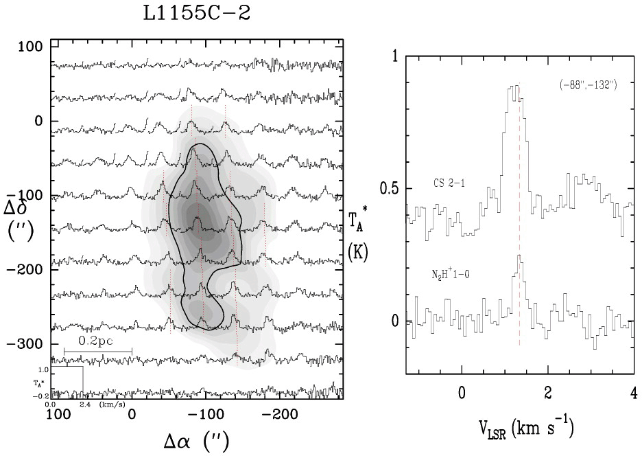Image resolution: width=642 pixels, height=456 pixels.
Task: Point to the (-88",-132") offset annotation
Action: [586, 84]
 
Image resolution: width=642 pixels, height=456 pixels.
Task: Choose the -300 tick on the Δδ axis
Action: [32, 343]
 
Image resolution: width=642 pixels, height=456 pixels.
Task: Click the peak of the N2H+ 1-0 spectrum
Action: [520, 255]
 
